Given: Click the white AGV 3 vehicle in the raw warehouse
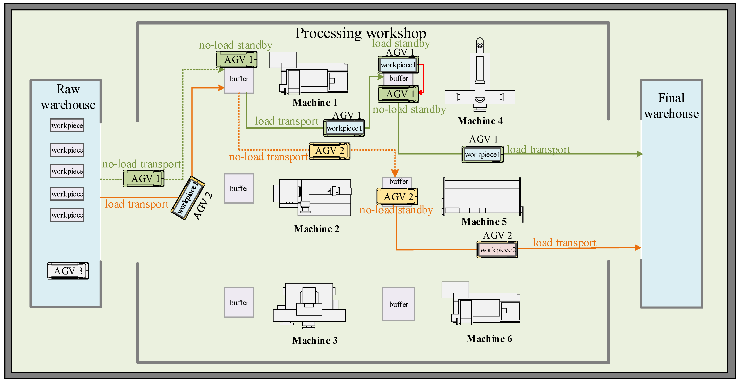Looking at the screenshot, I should [x=68, y=271].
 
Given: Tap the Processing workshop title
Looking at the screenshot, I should [x=360, y=33].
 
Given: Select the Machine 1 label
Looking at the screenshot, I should [x=315, y=103].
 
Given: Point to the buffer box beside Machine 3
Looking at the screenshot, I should [x=239, y=302].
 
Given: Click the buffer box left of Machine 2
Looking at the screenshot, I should [x=239, y=189].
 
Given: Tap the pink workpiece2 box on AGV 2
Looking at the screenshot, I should [x=497, y=250].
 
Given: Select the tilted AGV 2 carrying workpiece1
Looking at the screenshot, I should [x=188, y=198].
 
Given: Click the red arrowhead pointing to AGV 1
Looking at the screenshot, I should [x=421, y=92].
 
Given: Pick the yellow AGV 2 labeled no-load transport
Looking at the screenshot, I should [x=329, y=151].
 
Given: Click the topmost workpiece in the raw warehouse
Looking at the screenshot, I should [x=67, y=125].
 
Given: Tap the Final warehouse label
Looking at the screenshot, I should [x=671, y=105].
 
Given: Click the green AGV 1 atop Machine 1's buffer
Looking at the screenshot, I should [x=236, y=60].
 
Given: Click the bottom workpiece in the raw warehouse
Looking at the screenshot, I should [x=67, y=215].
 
